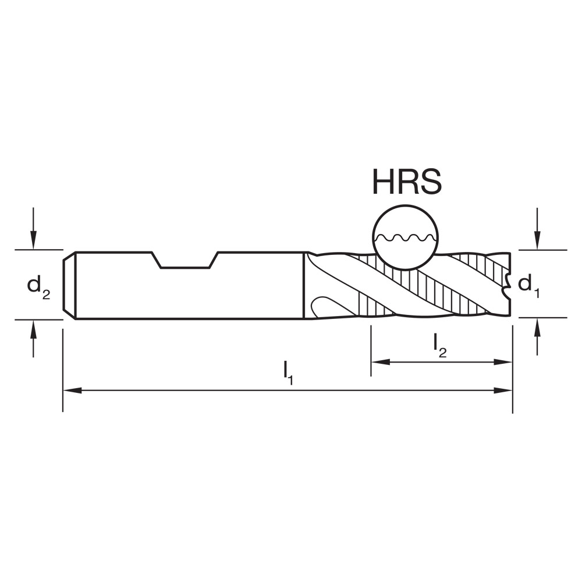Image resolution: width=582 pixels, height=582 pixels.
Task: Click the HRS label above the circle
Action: coord(407,182)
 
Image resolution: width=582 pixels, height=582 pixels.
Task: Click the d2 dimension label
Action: coord(38,286)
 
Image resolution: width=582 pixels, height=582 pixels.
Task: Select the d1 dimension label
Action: coord(529,285)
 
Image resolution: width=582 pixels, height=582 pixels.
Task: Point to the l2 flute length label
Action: coord(439,346)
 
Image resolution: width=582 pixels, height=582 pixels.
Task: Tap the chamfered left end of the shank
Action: coord(69,285)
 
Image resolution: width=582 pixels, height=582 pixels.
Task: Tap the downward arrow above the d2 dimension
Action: coord(34,239)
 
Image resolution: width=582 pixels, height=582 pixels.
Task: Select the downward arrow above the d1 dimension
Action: coord(537,239)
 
